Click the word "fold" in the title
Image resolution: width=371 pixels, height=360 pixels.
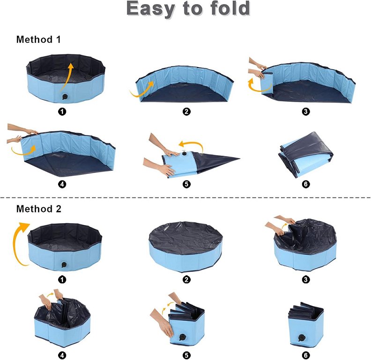230,8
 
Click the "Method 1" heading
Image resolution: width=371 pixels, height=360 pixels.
38,39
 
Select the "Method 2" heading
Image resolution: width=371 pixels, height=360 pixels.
39,209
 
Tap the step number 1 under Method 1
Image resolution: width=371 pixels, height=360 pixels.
62,112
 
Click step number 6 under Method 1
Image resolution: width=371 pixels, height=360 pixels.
306,184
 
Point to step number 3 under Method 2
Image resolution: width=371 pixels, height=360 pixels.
306,280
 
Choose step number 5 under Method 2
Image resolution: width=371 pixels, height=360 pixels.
186,355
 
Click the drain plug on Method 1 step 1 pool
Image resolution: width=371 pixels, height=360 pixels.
65,97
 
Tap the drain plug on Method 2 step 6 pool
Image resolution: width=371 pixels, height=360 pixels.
302,337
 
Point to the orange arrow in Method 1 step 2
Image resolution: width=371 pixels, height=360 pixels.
142,90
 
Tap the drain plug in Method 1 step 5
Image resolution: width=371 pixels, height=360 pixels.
184,154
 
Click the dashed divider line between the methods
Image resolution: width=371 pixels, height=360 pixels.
185,197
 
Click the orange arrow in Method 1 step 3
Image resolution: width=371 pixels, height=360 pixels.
258,86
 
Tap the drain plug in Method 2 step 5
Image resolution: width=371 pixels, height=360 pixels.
182,337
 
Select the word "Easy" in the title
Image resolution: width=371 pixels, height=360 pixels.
151,9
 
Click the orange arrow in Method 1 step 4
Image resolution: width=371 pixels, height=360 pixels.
23,151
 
